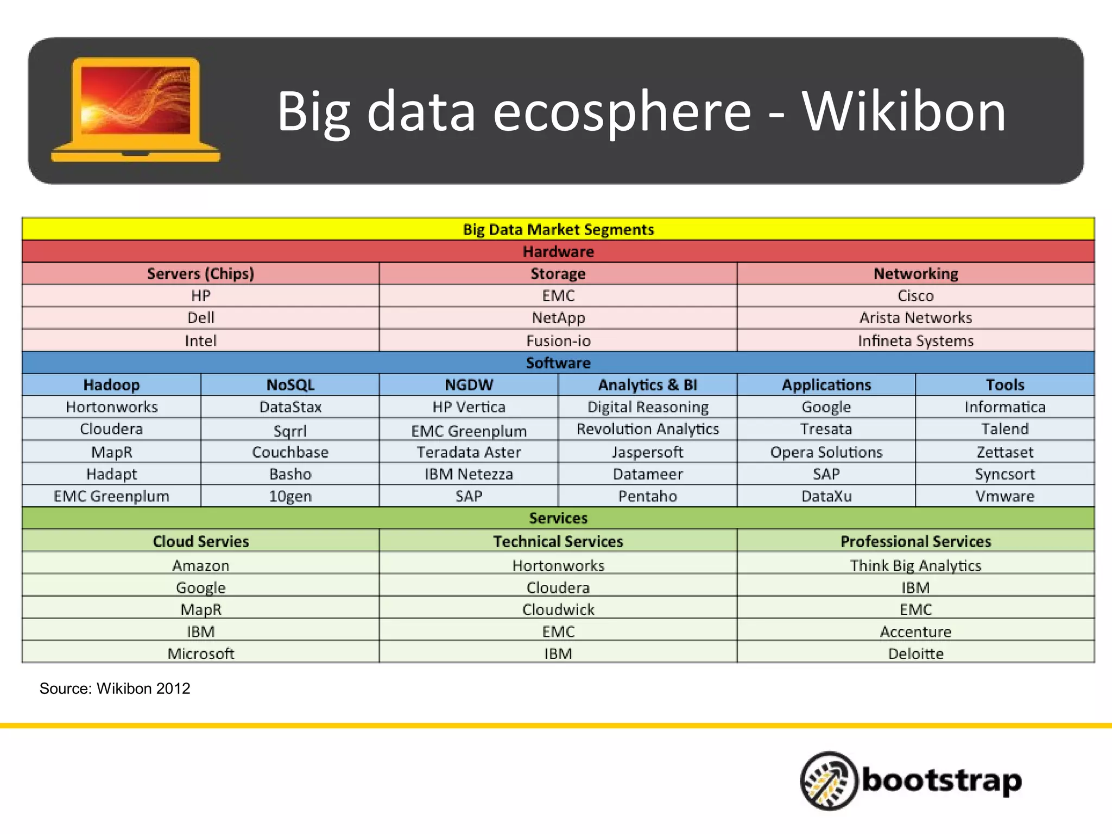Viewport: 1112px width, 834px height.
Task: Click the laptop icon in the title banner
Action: point(136,110)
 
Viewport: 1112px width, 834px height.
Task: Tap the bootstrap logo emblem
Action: point(829,780)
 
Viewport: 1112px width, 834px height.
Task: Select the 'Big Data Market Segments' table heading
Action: point(558,230)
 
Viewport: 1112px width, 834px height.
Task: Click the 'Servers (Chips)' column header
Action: point(200,274)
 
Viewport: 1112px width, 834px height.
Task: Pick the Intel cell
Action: point(200,340)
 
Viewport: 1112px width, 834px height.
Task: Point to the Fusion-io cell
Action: point(558,340)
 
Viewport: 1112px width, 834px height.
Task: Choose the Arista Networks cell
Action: point(915,318)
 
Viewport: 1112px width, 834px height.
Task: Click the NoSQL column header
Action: point(290,385)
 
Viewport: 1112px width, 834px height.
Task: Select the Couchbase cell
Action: point(290,452)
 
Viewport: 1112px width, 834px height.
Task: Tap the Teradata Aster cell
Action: point(469,452)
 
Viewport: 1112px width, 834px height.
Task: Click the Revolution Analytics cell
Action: point(648,429)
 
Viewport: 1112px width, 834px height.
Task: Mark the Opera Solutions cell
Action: point(826,452)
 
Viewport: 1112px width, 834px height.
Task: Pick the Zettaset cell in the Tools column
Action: point(1004,452)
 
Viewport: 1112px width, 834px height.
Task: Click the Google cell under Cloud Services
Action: point(200,587)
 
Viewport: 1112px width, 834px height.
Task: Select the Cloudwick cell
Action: point(558,610)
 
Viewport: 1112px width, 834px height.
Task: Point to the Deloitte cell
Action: point(915,654)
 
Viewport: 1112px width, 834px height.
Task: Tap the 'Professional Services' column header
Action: point(915,541)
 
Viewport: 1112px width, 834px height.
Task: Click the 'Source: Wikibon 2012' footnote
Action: point(115,688)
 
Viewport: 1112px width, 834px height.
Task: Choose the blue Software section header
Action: point(558,363)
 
